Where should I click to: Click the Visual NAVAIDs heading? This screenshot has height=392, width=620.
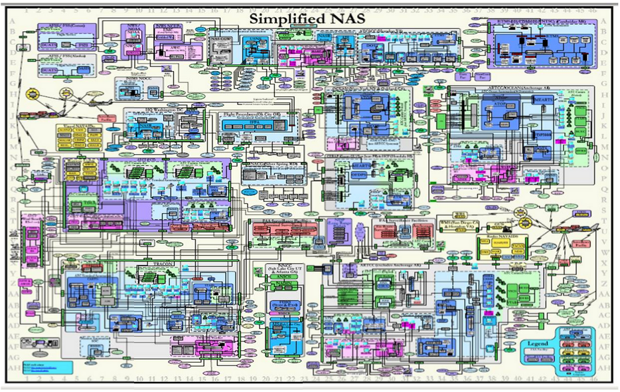(69, 124)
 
